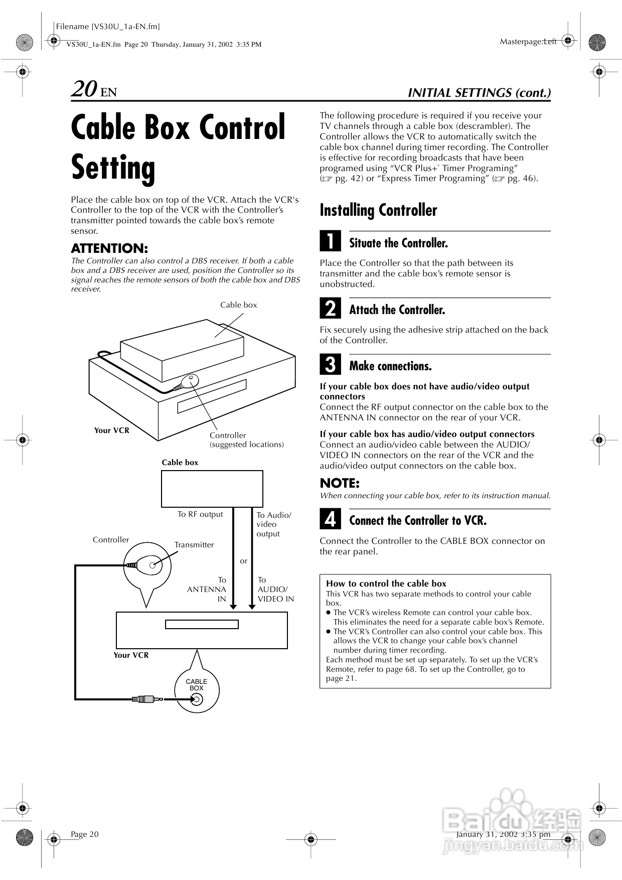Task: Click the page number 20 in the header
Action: (x=84, y=89)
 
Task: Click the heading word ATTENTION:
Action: (x=109, y=248)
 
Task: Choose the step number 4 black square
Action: (x=330, y=519)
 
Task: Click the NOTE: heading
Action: (x=340, y=483)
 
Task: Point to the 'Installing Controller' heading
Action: (x=378, y=210)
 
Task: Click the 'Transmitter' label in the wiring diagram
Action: (x=194, y=545)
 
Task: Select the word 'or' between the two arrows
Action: (x=243, y=561)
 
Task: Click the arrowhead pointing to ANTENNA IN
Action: (x=233, y=607)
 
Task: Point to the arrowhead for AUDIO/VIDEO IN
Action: (x=252, y=607)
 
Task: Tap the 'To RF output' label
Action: (x=200, y=514)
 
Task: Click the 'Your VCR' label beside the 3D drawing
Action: (x=112, y=430)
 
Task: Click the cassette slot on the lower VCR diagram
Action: (x=202, y=625)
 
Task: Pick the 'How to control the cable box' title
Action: (x=386, y=583)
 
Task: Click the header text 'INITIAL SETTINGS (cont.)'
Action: (x=479, y=93)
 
